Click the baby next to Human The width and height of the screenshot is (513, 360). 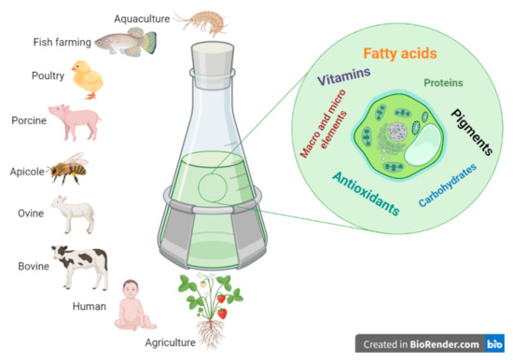click(x=132, y=311)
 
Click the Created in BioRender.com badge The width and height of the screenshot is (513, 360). click(x=427, y=343)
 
